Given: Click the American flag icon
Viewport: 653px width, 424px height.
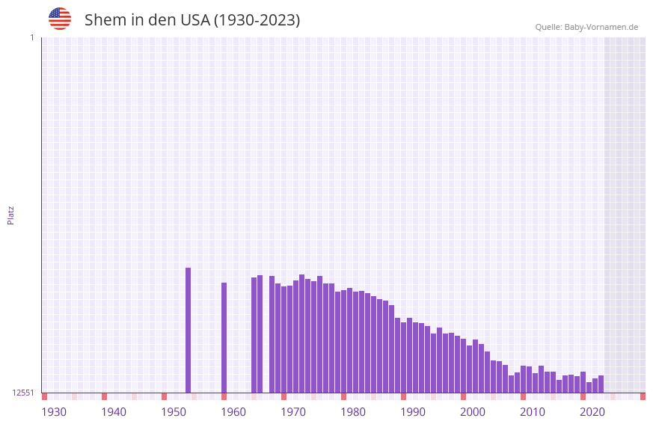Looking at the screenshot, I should tap(60, 19).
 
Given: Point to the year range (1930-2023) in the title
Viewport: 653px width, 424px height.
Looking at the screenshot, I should tap(257, 20).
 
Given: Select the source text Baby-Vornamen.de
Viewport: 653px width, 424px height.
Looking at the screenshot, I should tap(601, 27).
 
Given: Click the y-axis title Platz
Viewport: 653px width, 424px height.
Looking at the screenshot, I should tap(10, 215).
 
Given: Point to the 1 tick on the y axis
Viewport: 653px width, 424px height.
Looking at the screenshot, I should tap(31, 37).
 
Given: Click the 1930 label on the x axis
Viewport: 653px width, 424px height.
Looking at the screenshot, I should tap(54, 412).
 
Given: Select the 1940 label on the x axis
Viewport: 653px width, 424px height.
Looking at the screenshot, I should tap(114, 412).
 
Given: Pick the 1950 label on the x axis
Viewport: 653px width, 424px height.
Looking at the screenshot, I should tap(174, 412).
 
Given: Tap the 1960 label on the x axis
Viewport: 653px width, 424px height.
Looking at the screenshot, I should tap(233, 412).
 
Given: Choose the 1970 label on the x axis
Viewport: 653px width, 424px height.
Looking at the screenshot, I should tap(293, 412).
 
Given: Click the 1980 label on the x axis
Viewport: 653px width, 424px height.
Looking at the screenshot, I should tap(353, 412).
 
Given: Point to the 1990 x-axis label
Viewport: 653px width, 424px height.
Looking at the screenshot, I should tap(413, 412).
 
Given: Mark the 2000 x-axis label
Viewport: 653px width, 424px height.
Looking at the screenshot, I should tap(473, 412).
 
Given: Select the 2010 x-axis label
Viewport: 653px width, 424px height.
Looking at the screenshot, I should tap(533, 412).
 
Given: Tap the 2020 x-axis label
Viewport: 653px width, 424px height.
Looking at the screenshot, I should tap(592, 412).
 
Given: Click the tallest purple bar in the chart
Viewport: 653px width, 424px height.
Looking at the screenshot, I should tap(188, 329).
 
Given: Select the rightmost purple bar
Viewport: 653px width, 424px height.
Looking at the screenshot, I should tap(601, 384).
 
